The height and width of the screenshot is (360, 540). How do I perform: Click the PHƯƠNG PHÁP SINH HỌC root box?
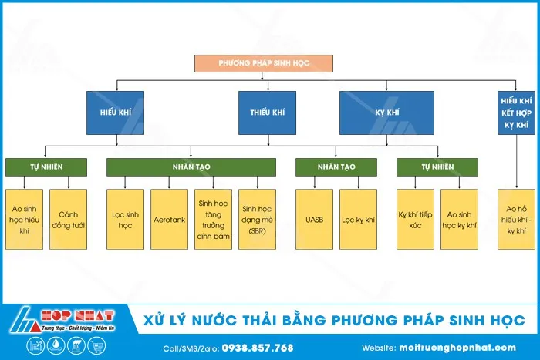click(x=265, y=63)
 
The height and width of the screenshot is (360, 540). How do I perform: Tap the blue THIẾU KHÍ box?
click(x=267, y=113)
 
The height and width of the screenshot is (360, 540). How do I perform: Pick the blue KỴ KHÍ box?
click(x=386, y=113)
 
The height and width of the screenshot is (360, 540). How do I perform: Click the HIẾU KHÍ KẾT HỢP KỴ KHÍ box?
click(x=515, y=113)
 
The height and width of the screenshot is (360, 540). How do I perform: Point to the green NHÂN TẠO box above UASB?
click(x=336, y=167)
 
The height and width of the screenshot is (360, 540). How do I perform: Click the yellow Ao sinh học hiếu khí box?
click(x=24, y=219)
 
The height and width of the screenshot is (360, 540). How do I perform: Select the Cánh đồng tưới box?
click(x=68, y=219)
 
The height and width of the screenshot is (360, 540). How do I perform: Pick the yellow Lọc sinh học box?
click(x=126, y=219)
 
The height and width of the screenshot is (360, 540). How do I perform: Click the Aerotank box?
click(x=170, y=219)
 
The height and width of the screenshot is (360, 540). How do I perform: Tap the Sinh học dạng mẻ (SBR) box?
click(x=258, y=219)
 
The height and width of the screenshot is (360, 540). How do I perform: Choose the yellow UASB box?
click(x=314, y=219)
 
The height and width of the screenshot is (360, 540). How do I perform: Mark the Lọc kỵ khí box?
click(x=358, y=219)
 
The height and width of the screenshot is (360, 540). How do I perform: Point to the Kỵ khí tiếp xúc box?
click(x=416, y=219)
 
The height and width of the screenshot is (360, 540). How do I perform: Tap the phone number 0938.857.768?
click(x=258, y=348)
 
